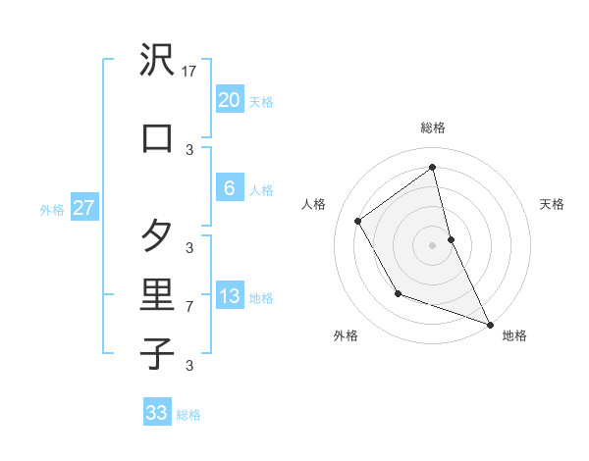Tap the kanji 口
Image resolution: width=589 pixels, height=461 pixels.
click(x=157, y=137)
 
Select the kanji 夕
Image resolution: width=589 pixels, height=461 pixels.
click(x=157, y=235)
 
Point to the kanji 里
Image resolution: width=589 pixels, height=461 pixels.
click(x=157, y=293)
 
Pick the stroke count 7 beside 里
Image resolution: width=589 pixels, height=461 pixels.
click(x=190, y=307)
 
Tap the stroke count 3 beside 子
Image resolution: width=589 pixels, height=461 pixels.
click(x=190, y=366)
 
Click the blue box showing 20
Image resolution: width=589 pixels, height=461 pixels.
click(x=229, y=100)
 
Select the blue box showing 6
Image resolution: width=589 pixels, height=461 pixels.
click(x=229, y=188)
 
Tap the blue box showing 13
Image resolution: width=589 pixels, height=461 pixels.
click(x=229, y=296)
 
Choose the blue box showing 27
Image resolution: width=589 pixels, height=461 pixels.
click(x=83, y=208)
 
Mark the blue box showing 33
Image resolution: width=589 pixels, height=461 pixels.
click(x=157, y=413)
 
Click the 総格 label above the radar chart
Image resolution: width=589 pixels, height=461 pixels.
click(x=433, y=128)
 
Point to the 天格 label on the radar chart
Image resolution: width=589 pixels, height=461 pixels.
click(x=552, y=204)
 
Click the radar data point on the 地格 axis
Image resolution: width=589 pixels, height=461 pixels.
click(x=491, y=324)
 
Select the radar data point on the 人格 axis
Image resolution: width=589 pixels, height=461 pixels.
click(x=358, y=221)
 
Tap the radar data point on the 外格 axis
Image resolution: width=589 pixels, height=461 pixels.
click(x=398, y=293)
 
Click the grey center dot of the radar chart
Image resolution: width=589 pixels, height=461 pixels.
click(x=433, y=244)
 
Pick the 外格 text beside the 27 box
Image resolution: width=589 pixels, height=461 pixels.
click(x=52, y=209)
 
